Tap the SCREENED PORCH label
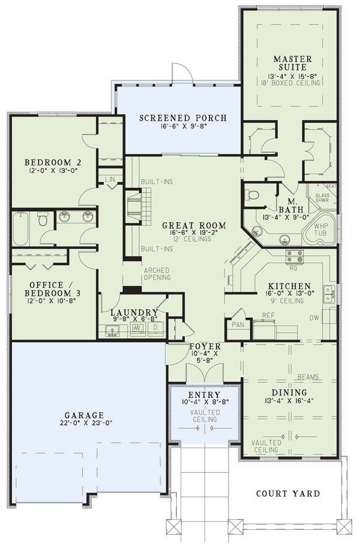183,118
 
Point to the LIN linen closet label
110,179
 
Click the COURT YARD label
287,494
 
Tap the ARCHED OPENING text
157,274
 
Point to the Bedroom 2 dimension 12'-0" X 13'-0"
52,171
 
